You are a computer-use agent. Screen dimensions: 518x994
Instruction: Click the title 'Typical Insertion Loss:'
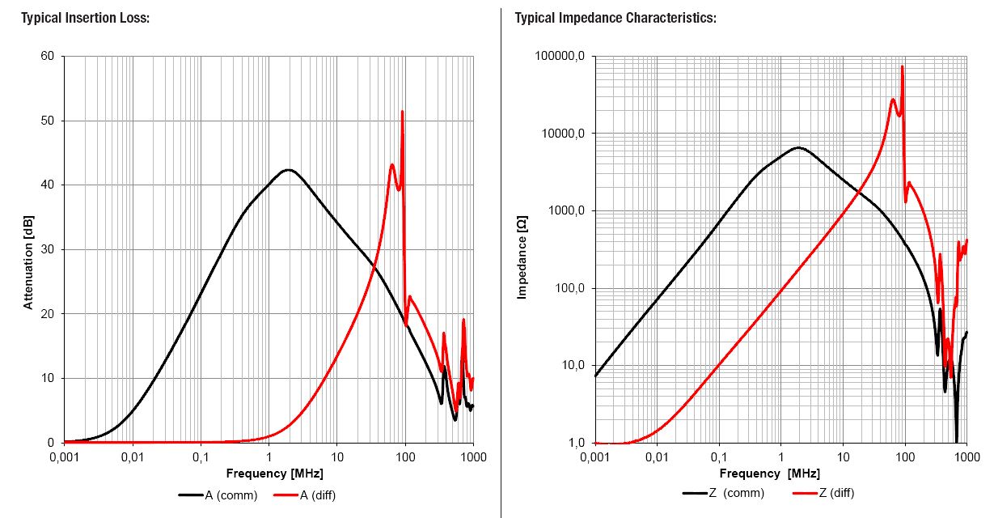point(85,18)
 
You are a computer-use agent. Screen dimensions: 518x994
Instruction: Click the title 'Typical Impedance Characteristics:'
point(615,18)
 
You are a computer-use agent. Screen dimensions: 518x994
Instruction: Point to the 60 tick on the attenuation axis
point(47,56)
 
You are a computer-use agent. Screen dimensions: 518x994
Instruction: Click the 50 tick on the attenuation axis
point(47,121)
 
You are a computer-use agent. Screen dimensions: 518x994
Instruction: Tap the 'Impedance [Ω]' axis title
point(522,257)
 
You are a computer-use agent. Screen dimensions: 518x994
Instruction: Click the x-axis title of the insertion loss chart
point(268,473)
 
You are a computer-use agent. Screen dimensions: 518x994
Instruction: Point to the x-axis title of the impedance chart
point(769,473)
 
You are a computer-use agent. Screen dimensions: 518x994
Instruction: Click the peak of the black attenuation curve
point(287,169)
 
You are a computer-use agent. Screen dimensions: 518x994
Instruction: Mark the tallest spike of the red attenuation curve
point(402,112)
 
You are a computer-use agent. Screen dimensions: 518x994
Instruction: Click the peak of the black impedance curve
point(798,147)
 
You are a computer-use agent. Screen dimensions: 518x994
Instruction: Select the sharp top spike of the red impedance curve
point(902,66)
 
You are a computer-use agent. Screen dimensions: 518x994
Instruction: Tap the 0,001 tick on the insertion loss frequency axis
point(64,457)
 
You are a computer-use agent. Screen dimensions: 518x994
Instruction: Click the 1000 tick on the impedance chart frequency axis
point(967,457)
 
